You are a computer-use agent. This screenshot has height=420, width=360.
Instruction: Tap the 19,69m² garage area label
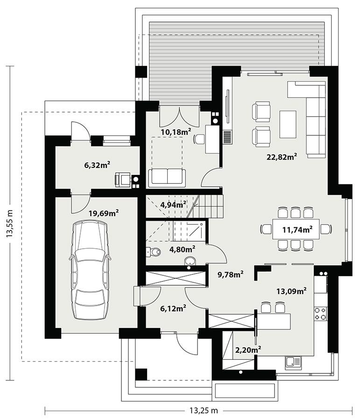click(103, 213)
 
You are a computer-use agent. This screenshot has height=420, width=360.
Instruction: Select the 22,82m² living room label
click(282, 157)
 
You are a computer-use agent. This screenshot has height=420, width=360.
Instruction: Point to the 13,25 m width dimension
click(204, 411)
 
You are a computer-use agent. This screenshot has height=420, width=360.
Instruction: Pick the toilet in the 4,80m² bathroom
click(154, 252)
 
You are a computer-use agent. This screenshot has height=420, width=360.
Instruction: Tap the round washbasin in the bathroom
click(190, 261)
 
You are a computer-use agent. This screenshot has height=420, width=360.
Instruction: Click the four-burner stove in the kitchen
click(320, 313)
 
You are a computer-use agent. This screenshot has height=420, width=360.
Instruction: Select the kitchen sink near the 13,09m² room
click(294, 361)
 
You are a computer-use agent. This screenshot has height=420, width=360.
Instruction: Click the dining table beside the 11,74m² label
click(296, 229)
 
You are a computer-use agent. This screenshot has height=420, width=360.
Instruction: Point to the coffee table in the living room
click(288, 124)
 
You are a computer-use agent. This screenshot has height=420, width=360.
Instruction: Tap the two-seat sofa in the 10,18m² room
click(167, 177)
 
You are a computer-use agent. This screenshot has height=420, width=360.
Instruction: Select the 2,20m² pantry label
click(247, 349)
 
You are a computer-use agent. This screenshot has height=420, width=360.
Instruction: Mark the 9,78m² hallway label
click(230, 274)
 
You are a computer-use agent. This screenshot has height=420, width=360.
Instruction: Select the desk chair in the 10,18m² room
click(199, 139)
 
